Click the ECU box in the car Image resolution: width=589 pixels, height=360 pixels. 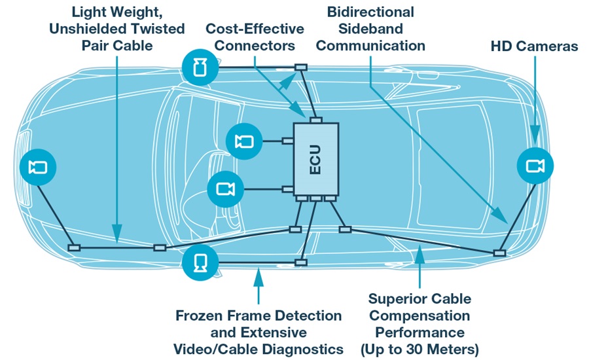(315, 159)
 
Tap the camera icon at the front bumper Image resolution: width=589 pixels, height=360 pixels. (38, 167)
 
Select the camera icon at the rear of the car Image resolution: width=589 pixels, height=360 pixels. (535, 166)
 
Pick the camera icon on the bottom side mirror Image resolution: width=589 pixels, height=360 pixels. (201, 262)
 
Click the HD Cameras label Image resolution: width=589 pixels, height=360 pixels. (534, 46)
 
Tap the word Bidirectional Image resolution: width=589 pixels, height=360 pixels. (370, 12)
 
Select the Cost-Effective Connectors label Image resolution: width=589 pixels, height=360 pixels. (255, 37)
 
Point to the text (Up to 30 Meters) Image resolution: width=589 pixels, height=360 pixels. (419, 348)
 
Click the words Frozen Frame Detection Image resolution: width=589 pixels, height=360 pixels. (259, 315)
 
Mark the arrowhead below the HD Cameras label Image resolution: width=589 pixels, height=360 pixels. (535, 137)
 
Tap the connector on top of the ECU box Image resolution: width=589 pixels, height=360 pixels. (316, 120)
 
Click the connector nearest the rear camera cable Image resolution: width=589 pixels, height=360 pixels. (499, 253)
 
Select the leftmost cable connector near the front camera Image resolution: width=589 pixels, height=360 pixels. (74, 247)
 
